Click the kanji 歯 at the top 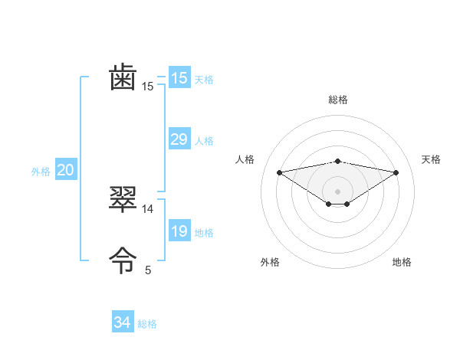click(123, 79)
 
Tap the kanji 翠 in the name click(123, 200)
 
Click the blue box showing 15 click(179, 78)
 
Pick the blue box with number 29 click(179, 139)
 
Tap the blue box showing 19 click(179, 231)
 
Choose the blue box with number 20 click(65, 170)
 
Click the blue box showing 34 click(122, 322)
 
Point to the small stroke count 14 click(148, 208)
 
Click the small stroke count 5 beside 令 click(148, 270)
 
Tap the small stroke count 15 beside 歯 click(148, 87)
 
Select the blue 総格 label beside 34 click(147, 324)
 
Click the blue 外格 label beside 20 click(41, 172)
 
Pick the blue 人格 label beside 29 click(204, 141)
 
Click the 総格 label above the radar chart click(337, 100)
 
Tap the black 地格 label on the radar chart click(402, 262)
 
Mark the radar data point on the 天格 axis click(396, 172)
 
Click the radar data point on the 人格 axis click(279, 172)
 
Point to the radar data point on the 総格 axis click(337, 161)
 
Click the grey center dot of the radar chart click(337, 191)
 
